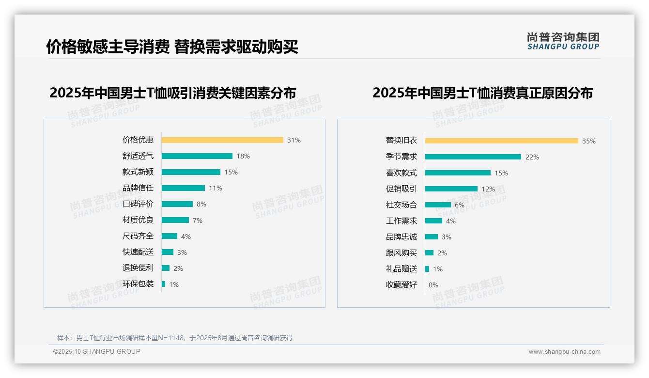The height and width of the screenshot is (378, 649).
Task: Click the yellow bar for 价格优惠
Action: (222, 140)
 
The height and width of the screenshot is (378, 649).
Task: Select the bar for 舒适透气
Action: (197, 156)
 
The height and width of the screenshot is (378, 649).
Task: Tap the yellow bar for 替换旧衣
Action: (501, 141)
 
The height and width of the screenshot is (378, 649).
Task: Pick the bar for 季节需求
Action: (473, 157)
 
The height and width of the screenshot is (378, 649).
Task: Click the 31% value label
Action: (294, 140)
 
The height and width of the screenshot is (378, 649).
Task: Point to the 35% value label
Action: (588, 141)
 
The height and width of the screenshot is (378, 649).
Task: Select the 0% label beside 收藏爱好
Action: (433, 285)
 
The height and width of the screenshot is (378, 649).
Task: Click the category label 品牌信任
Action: (138, 188)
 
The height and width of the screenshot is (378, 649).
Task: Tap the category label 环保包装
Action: (138, 284)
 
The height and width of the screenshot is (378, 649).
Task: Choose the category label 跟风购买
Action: (401, 253)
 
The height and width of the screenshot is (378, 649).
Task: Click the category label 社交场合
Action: (401, 205)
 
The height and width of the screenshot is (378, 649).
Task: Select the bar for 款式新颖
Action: (191, 172)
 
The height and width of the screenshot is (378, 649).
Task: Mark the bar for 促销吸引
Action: (451, 189)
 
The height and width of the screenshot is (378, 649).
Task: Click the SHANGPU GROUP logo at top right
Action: (563, 41)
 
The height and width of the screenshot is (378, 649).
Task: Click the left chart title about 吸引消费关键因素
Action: (172, 93)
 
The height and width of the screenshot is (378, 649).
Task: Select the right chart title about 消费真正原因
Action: (482, 93)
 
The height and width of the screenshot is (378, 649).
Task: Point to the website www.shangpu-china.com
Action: (564, 352)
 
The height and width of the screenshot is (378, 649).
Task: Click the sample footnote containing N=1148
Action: (175, 338)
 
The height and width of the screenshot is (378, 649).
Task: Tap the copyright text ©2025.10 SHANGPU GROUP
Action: (97, 352)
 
